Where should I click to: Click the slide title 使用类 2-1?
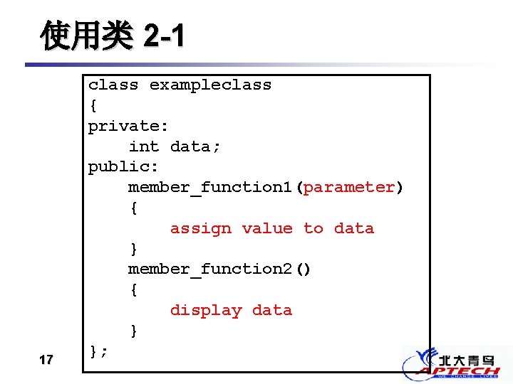112,36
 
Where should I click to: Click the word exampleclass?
210,85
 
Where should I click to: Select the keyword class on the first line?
113,85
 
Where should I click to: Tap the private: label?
128,127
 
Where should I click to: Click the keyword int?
144,146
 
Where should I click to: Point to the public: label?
123,167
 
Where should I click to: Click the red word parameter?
349,188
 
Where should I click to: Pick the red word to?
313,229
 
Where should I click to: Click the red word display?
205,311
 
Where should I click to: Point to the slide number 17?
46,360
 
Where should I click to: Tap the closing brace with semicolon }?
98,351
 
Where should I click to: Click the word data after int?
195,146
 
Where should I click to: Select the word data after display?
271,311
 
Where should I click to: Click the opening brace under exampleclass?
93,106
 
